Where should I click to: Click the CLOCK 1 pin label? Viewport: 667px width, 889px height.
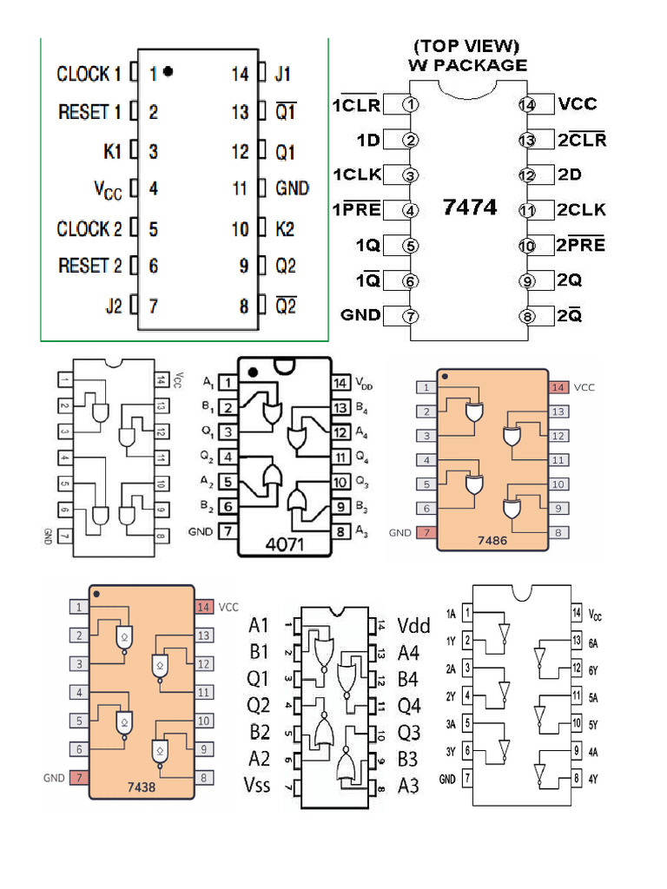(x=89, y=74)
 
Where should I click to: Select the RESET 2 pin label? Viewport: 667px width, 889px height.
(x=89, y=266)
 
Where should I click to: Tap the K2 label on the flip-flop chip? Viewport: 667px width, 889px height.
(x=285, y=229)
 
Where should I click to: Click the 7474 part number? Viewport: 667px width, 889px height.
(x=470, y=207)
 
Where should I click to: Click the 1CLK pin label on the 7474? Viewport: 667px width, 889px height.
(x=356, y=175)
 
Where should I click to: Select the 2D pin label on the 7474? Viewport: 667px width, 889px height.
(x=570, y=175)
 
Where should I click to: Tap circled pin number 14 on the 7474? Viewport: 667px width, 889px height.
(x=527, y=104)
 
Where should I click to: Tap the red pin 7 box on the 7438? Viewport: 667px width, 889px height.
(x=79, y=778)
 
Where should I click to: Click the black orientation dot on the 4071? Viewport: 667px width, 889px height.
(x=253, y=372)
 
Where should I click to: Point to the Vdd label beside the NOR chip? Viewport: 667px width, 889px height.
(x=413, y=625)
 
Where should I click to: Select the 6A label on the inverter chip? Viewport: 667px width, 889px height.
(x=594, y=643)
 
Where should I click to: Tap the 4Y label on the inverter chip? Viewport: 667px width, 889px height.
(x=594, y=779)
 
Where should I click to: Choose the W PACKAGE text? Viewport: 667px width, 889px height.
(x=467, y=65)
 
